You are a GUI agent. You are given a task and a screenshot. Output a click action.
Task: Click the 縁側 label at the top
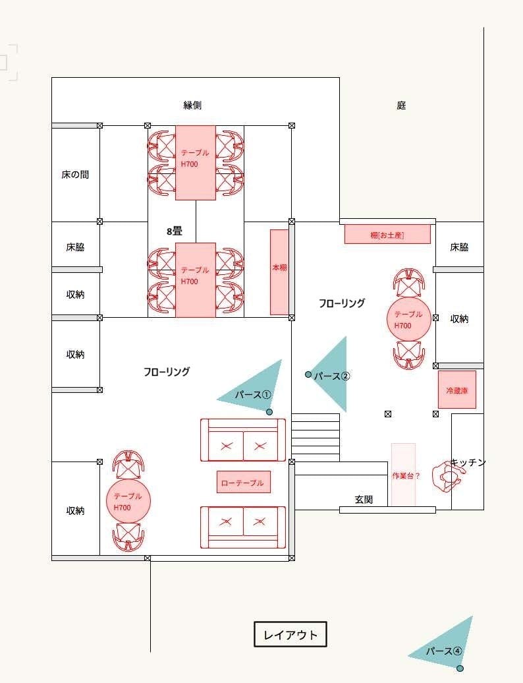click(192, 105)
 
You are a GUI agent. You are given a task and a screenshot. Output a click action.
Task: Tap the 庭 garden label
click(401, 105)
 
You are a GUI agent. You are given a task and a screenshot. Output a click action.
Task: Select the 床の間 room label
click(75, 175)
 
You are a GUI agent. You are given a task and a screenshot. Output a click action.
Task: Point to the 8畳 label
click(174, 231)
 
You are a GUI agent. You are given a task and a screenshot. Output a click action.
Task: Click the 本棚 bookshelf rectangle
click(279, 272)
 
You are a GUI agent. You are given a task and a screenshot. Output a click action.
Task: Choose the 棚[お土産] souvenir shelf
click(387, 234)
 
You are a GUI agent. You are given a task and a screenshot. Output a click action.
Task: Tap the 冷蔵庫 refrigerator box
click(457, 390)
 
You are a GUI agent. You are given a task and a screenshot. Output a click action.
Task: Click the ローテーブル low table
click(243, 482)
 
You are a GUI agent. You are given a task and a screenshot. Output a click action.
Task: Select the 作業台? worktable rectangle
click(403, 475)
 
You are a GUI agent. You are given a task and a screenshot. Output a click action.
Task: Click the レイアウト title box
click(290, 634)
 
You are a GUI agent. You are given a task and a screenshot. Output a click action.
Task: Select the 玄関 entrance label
click(364, 500)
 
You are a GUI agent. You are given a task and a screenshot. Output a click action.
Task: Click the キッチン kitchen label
click(468, 462)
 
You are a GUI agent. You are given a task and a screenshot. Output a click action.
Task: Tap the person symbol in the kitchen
click(447, 477)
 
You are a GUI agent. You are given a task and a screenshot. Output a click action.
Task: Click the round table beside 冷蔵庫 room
click(408, 319)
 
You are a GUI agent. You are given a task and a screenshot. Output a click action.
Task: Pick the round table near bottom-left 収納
click(128, 501)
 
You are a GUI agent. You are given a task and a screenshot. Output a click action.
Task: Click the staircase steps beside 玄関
click(316, 437)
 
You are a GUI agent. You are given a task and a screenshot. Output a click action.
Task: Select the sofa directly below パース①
click(243, 440)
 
